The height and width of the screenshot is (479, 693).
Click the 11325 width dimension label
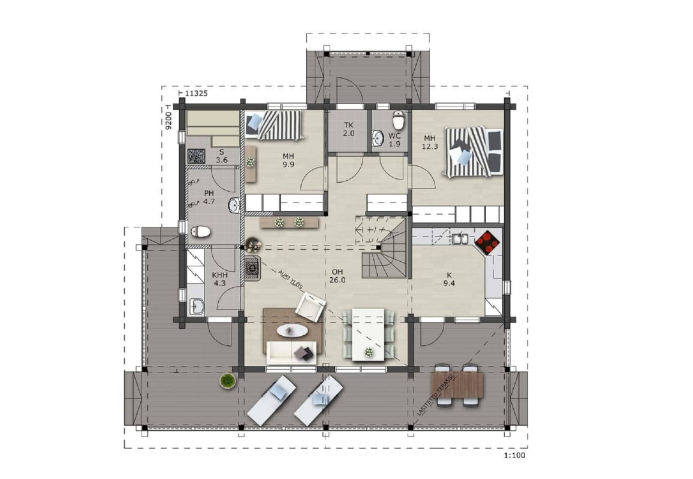pyautogui.click(x=196, y=93)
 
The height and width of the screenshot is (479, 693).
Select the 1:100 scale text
pyautogui.click(x=514, y=455)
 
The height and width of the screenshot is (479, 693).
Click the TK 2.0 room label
pyautogui.click(x=349, y=129)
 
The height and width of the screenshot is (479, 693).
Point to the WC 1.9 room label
pyautogui.click(x=394, y=140)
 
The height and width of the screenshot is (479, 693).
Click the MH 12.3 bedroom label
pyautogui.click(x=430, y=143)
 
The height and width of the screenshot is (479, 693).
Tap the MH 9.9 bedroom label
pyautogui.click(x=288, y=160)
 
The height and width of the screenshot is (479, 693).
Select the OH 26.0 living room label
pyautogui.click(x=338, y=276)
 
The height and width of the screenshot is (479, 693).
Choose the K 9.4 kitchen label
pyautogui.click(x=449, y=280)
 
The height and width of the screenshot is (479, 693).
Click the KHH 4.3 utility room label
pyautogui.click(x=219, y=279)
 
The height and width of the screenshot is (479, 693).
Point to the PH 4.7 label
pyautogui.click(x=209, y=198)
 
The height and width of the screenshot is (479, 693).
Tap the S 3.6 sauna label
pyautogui.click(x=222, y=156)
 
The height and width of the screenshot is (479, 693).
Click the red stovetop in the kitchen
pyautogui.click(x=487, y=242)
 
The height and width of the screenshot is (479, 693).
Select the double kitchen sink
pyautogui.click(x=460, y=238)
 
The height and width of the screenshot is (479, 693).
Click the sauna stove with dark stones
pyautogui.click(x=196, y=157)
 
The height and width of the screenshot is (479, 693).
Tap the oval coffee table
pyautogui.click(x=290, y=331)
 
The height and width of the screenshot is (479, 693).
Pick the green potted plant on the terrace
pyautogui.click(x=228, y=381)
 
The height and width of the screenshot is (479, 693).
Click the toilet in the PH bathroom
pyautogui.click(x=200, y=231)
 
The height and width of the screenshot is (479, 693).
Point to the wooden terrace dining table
pyautogui.click(x=457, y=384)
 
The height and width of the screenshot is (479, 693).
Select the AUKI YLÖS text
pyautogui.click(x=290, y=280)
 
